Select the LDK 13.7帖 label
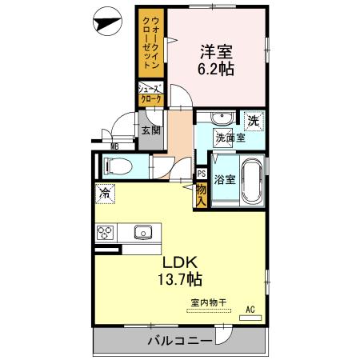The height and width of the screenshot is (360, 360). (x=182, y=271)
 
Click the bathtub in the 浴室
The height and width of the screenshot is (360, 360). (x=251, y=182)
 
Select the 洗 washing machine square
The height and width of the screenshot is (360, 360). (x=253, y=122)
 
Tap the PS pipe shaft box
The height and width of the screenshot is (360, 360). (x=201, y=173)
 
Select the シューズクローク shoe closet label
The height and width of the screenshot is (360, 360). (x=150, y=94)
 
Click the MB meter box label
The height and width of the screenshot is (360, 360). (x=114, y=146)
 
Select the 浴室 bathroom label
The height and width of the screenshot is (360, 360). (x=225, y=179)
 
